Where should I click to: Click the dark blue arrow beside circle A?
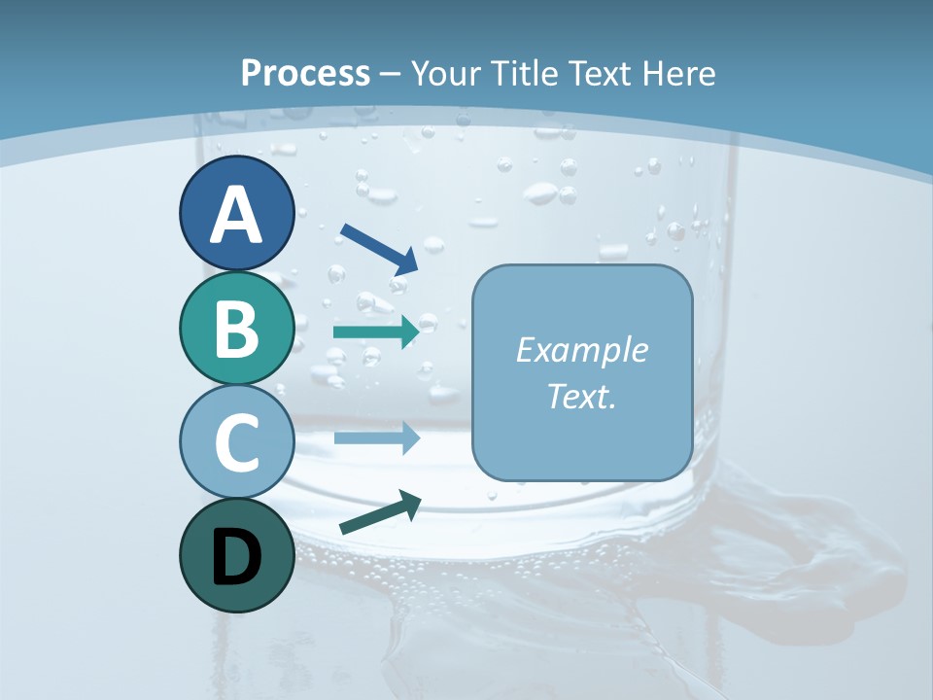(380, 248)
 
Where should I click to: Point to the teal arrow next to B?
(376, 332)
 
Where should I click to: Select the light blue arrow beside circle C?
(376, 437)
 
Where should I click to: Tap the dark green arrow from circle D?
(380, 512)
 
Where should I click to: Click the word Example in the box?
(581, 350)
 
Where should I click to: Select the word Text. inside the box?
(581, 397)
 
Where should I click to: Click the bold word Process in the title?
(305, 73)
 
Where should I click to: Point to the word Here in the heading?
(681, 73)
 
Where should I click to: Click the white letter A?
(236, 216)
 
